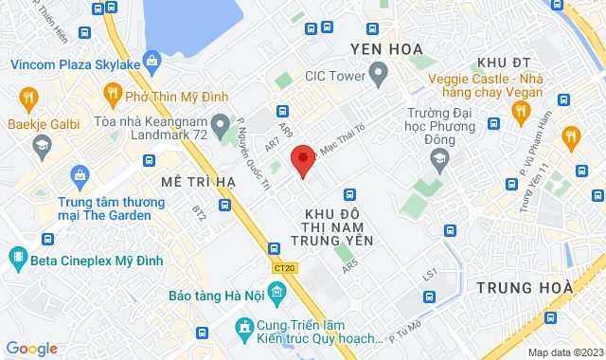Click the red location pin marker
tap(302, 159)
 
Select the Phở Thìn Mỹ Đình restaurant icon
tap(113, 94)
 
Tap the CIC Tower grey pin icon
tap(378, 72)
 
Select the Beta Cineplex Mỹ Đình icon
tap(18, 257)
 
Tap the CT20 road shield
tap(282, 269)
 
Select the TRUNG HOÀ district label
tap(525, 287)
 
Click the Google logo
tap(32, 348)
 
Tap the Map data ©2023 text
tap(564, 352)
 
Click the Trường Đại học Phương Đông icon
tap(438, 161)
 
